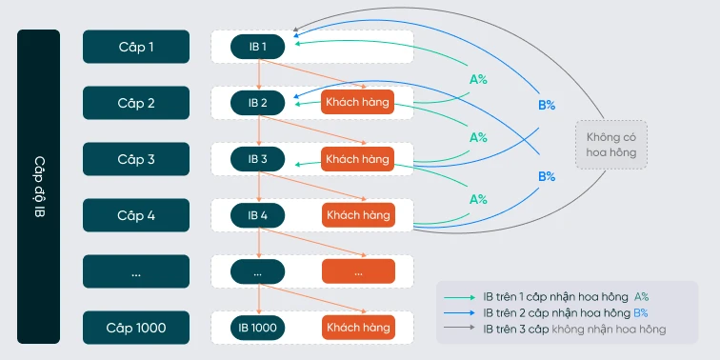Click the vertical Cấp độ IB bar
(x=38, y=187)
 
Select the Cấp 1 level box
(x=137, y=46)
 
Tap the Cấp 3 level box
(x=137, y=159)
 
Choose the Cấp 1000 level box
(x=137, y=328)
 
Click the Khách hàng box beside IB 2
(x=358, y=102)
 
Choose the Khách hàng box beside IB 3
(x=358, y=159)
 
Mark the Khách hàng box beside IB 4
(x=358, y=215)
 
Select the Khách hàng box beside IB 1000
(x=358, y=328)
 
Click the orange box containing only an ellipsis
(x=358, y=271)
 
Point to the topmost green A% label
(x=479, y=80)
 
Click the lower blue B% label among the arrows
(x=547, y=176)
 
